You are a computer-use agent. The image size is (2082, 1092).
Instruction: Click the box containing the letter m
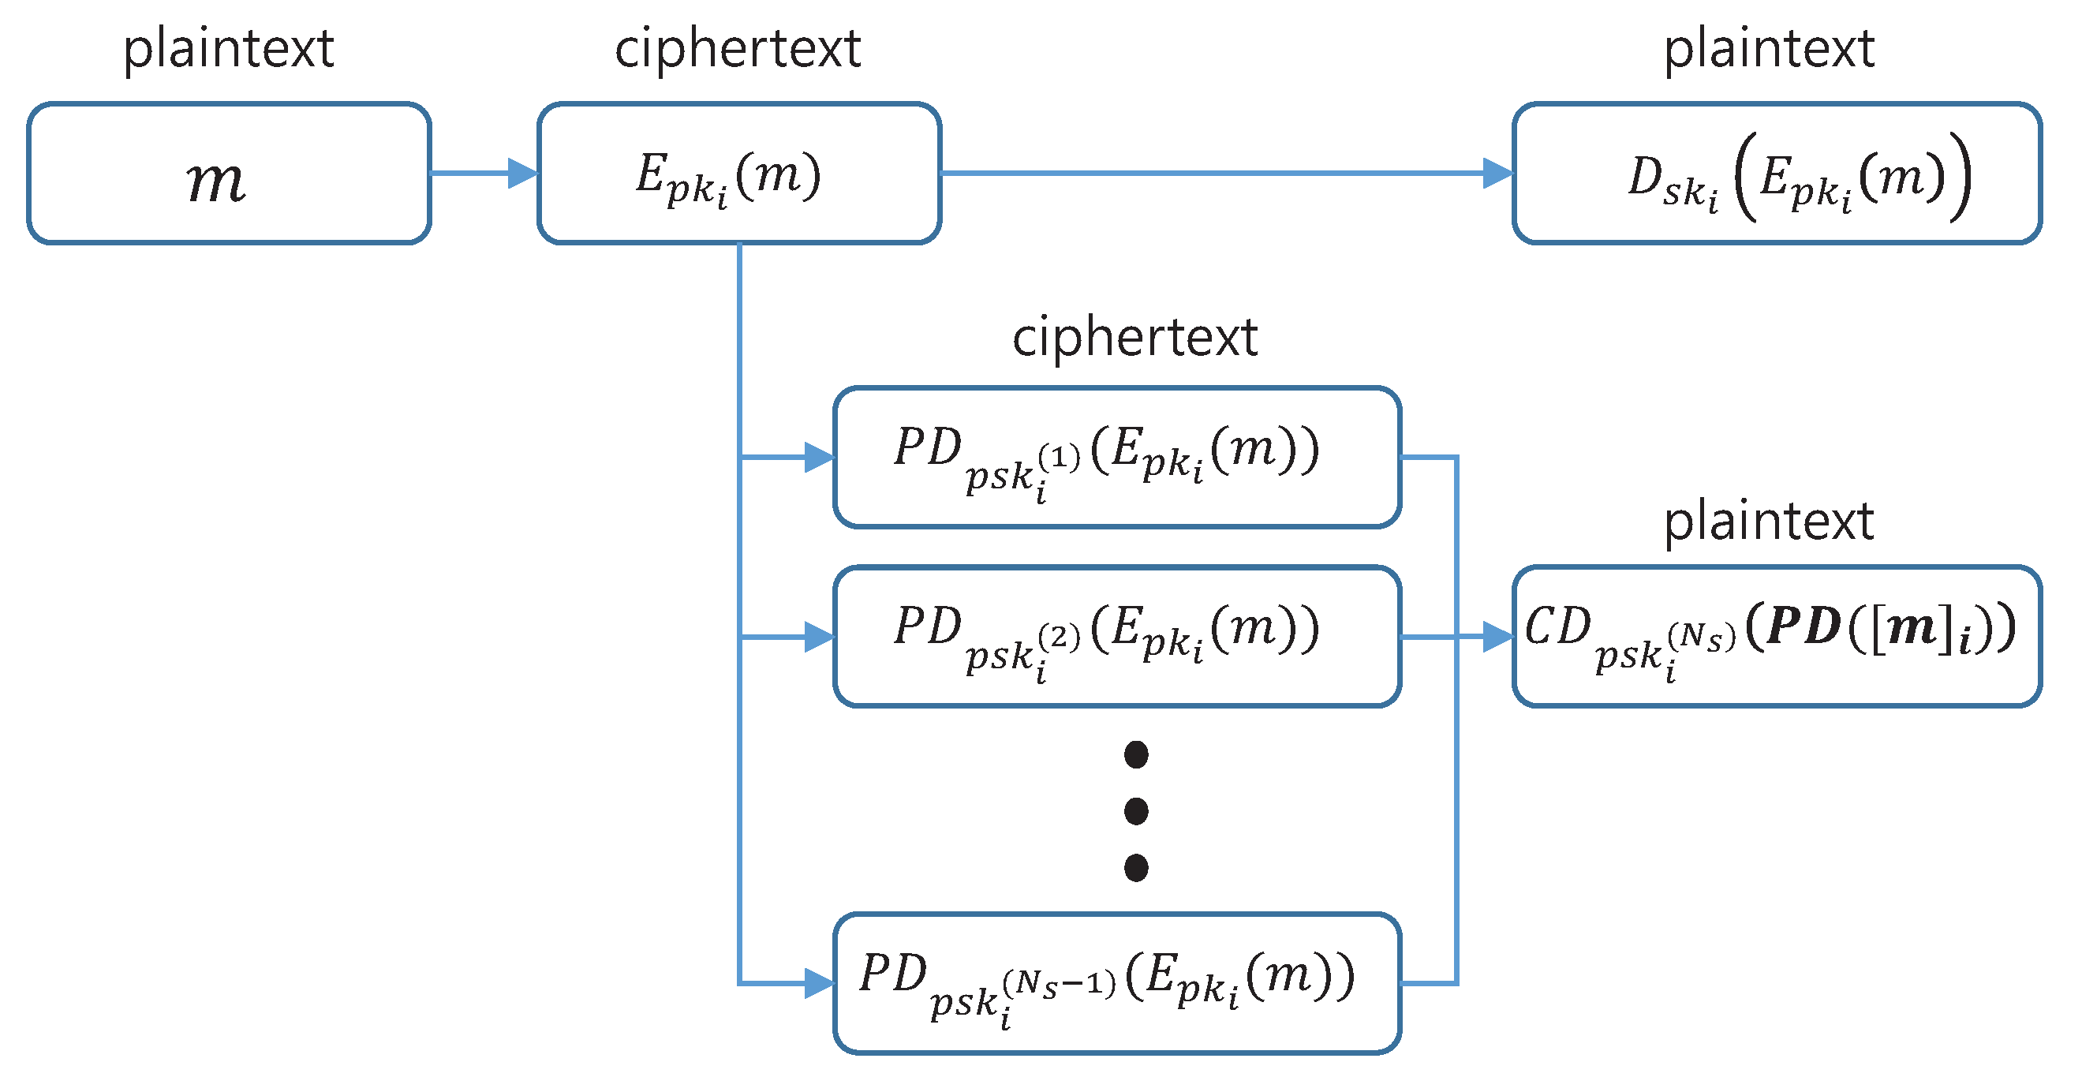pyautogui.click(x=229, y=173)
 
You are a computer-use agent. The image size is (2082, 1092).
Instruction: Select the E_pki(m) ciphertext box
pyautogui.click(x=738, y=173)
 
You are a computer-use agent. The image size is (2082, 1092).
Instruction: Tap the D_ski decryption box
pyautogui.click(x=1777, y=173)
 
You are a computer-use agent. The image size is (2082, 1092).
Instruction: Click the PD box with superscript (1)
pyautogui.click(x=1117, y=458)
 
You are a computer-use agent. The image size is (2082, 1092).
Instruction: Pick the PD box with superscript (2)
pyautogui.click(x=1117, y=637)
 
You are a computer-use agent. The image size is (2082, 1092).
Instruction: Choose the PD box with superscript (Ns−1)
pyautogui.click(x=1117, y=983)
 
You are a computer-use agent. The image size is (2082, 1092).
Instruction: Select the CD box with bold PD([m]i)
pyautogui.click(x=1777, y=637)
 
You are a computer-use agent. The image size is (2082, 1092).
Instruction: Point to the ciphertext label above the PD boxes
pyautogui.click(x=1134, y=337)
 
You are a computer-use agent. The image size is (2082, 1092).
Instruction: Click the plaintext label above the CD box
pyautogui.click(x=1769, y=522)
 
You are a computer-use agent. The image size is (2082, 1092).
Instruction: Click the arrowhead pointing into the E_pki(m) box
pyautogui.click(x=524, y=173)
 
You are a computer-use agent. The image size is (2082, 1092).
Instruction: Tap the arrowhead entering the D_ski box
pyautogui.click(x=1498, y=173)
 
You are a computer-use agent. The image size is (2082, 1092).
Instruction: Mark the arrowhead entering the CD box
pyautogui.click(x=1498, y=637)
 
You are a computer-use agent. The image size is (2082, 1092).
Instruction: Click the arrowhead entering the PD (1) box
pyautogui.click(x=820, y=458)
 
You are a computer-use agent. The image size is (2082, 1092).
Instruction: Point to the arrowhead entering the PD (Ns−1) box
pyautogui.click(x=820, y=983)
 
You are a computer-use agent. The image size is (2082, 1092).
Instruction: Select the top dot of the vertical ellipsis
pyautogui.click(x=1135, y=755)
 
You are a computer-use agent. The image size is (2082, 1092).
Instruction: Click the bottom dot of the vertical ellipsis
pyautogui.click(x=1135, y=867)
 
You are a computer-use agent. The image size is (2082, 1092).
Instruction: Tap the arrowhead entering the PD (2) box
pyautogui.click(x=820, y=637)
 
